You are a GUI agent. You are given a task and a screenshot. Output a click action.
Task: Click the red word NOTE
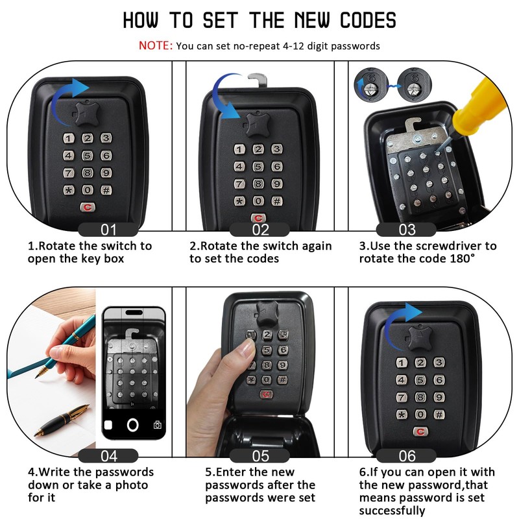(x=155, y=45)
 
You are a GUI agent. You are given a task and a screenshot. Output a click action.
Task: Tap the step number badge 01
(x=108, y=230)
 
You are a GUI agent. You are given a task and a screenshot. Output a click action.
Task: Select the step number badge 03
(x=406, y=230)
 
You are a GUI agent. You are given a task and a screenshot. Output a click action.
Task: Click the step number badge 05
(x=260, y=456)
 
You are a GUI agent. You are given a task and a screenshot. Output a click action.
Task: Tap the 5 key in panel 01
(x=88, y=156)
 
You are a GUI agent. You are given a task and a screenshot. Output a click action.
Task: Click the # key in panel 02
(x=277, y=201)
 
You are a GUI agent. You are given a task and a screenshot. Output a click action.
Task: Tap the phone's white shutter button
(x=133, y=425)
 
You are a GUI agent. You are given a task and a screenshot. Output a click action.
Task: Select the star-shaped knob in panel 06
(x=419, y=337)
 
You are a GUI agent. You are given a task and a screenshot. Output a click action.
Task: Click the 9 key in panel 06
(x=439, y=397)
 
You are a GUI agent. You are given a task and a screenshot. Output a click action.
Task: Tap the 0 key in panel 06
(x=420, y=414)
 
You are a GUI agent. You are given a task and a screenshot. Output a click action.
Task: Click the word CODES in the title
(x=368, y=20)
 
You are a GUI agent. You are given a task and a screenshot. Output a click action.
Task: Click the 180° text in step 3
(x=463, y=258)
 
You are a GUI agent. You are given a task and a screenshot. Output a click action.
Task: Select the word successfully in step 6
(x=392, y=510)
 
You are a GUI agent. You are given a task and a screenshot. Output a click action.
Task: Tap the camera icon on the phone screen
(x=158, y=425)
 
